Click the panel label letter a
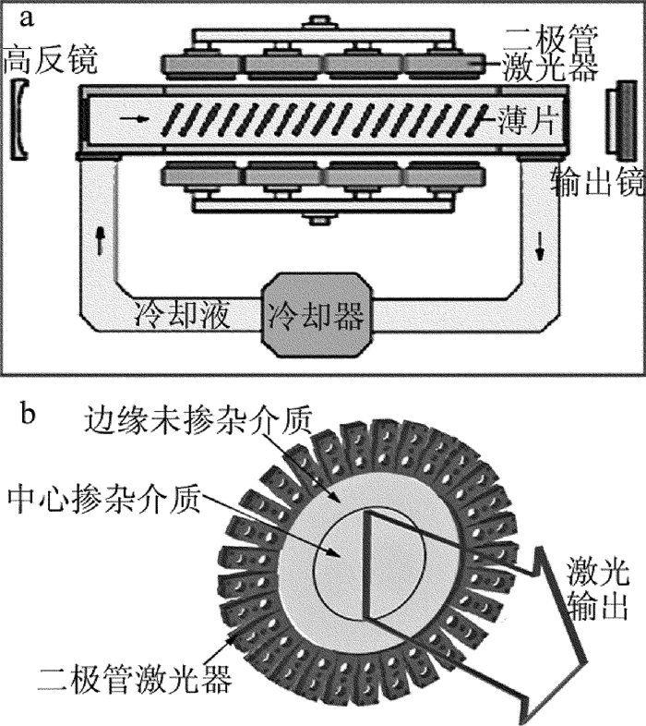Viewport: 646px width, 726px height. coord(27,17)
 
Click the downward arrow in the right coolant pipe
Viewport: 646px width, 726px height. coord(540,242)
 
